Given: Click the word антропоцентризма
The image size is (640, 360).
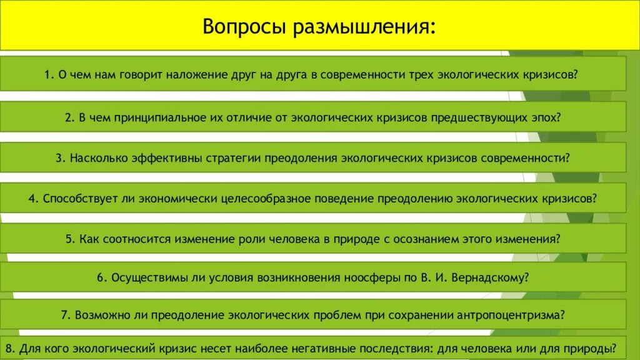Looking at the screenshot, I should tap(508, 314).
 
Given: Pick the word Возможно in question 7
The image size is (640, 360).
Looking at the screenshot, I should tap(100, 314).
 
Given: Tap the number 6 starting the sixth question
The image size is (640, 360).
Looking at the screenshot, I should tap(100, 277).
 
